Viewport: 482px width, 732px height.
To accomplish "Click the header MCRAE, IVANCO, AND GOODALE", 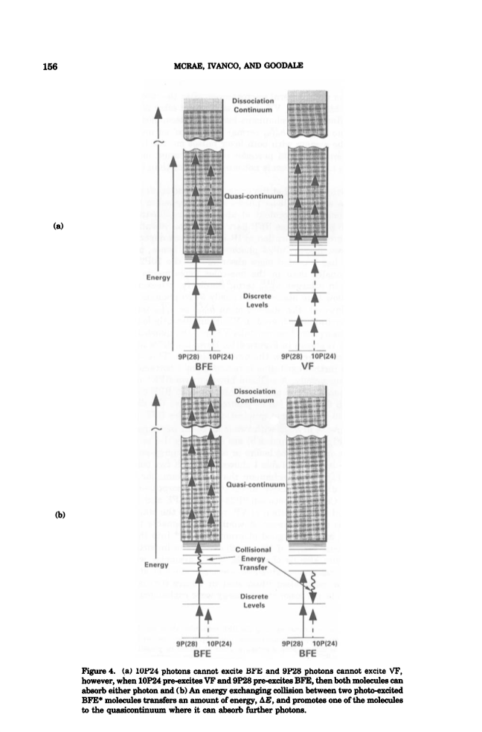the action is coord(238,66).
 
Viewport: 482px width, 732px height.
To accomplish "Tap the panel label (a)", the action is coord(58,226).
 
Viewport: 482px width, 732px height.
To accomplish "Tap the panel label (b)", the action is coord(60,515).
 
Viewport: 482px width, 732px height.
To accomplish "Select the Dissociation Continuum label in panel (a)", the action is coord(253,105).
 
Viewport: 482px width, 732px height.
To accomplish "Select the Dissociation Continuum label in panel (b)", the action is coord(254,395).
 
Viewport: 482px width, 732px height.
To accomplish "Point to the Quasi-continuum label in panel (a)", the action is coord(254,196).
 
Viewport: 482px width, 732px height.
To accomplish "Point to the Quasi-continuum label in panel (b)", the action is coord(255,485).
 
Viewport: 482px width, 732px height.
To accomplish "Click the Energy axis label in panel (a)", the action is coord(158,277).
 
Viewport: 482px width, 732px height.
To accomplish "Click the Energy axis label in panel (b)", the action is coord(156,564).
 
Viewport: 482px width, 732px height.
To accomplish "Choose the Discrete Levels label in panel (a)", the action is coord(257,300).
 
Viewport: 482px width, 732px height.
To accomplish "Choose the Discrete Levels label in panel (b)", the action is coord(254,600).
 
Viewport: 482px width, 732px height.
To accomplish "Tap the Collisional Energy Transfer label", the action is coord(253,558).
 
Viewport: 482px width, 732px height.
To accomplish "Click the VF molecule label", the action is coord(308,366).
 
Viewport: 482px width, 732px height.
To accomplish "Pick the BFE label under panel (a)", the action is coord(204,366).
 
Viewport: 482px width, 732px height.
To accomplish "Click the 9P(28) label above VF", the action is coord(292,356).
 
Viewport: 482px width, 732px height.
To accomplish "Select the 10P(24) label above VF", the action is coord(324,356).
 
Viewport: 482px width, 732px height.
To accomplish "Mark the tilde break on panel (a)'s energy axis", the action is coord(158,141).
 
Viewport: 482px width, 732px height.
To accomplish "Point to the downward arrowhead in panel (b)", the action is coord(313,597).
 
